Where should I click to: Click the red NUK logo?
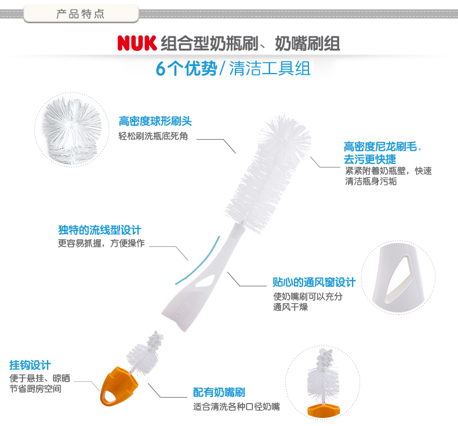tap(137, 43)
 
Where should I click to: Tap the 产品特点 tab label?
tap(81, 14)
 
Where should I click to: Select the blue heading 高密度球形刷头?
tap(155, 121)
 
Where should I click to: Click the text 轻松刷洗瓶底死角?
tap(153, 136)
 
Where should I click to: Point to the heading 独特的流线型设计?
tap(100, 230)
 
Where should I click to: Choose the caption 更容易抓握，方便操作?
tap(101, 243)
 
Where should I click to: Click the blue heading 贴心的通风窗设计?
tap(314, 282)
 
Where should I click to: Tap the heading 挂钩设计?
tap(30, 365)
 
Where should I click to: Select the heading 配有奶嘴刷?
tap(219, 392)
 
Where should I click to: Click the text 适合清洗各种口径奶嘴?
tap(237, 406)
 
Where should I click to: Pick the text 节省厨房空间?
tap(35, 389)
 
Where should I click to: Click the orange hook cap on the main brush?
tap(118, 386)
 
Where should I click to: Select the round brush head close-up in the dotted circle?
tap(72, 130)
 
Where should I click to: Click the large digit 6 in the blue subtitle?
tap(161, 69)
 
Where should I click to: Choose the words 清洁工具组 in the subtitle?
tap(270, 68)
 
